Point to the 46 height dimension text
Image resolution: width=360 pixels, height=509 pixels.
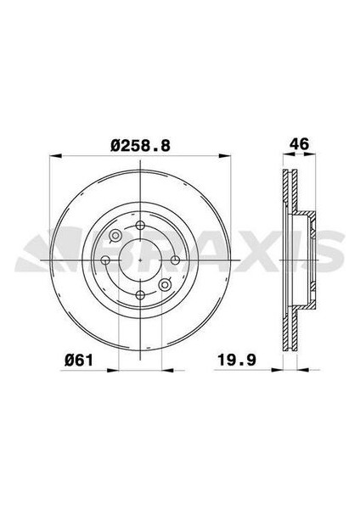tap(296, 145)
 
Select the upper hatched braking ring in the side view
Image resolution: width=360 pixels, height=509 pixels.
tap(290, 191)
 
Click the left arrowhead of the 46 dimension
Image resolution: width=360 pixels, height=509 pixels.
tap(283, 155)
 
